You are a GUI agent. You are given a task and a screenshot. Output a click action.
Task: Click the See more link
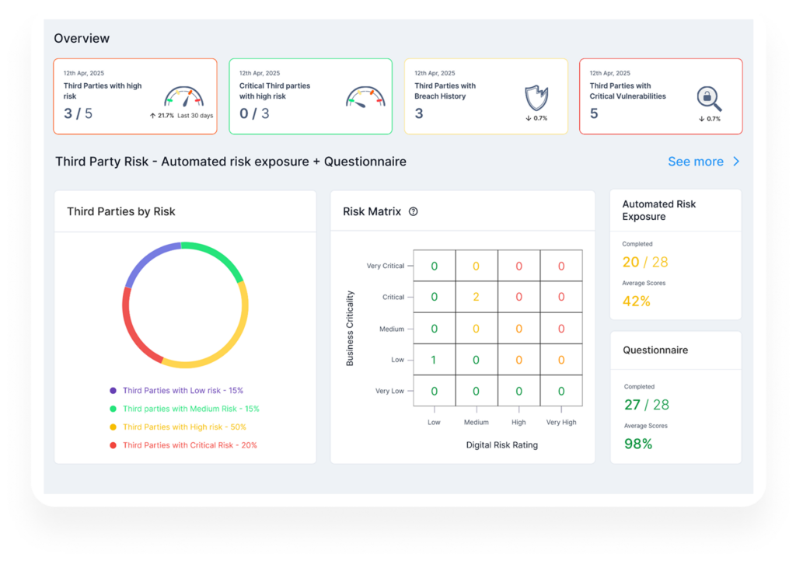(703, 162)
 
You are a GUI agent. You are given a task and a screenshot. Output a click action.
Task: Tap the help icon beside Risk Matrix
(414, 211)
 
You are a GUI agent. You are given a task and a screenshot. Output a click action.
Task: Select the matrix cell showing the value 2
(477, 297)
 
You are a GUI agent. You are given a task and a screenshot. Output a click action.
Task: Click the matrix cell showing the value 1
(434, 360)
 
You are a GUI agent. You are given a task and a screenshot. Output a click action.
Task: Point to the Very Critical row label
(386, 266)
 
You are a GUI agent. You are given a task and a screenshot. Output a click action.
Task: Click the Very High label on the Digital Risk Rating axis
(561, 422)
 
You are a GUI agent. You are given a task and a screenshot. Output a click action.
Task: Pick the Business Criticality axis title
(350, 328)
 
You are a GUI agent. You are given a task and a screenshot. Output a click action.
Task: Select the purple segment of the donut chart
(146, 259)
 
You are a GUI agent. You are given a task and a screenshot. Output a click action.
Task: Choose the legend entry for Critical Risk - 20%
(183, 445)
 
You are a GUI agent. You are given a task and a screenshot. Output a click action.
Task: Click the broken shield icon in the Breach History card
(536, 98)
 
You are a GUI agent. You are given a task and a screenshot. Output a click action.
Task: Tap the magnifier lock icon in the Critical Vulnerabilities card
(709, 99)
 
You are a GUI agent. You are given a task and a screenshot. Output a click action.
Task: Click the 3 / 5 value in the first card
(79, 113)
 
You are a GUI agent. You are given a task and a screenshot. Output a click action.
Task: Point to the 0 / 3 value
(254, 113)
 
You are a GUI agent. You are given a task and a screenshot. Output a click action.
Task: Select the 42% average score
(636, 301)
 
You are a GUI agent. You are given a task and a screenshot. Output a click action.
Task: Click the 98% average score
(638, 444)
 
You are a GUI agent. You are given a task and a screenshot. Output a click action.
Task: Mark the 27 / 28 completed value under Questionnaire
(647, 405)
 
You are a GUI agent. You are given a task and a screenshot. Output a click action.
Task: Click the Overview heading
(82, 39)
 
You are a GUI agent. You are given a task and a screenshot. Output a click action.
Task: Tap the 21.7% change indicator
(162, 116)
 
